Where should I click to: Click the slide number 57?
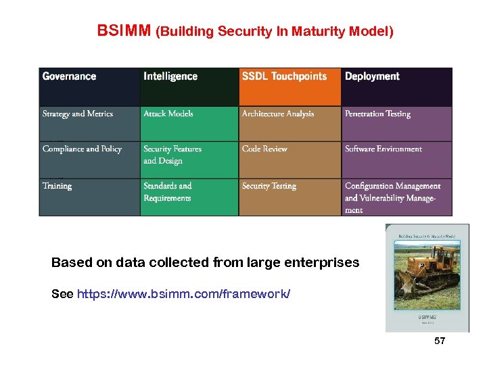point(440,341)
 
